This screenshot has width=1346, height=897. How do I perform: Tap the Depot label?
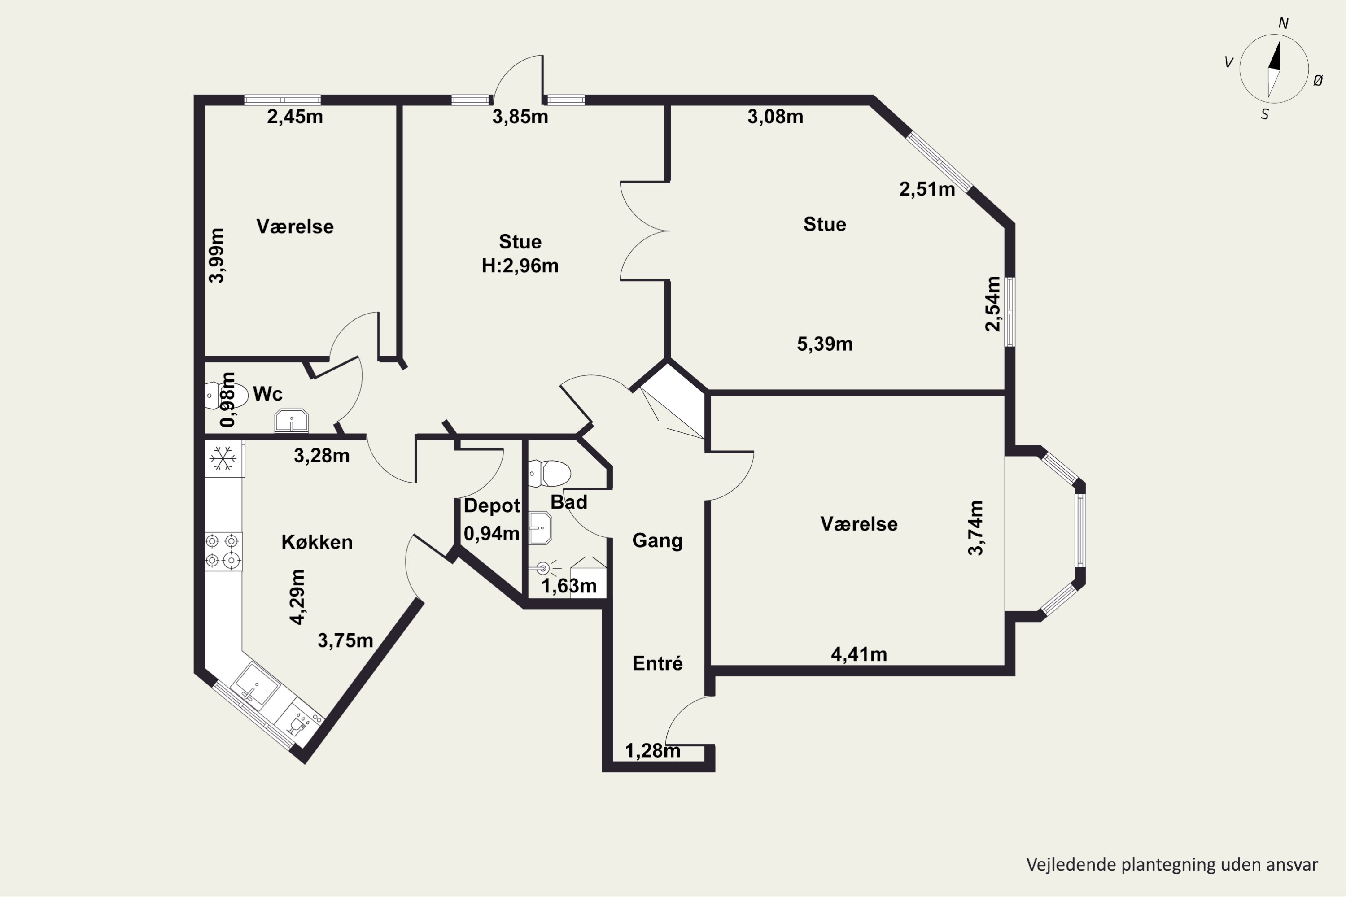[492, 506]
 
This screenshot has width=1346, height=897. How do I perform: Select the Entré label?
[658, 663]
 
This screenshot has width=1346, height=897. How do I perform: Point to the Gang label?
[658, 540]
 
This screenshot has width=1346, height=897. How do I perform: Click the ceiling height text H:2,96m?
[520, 266]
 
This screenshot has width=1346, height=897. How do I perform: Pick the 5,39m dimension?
[825, 344]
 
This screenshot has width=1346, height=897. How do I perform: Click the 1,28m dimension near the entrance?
[652, 750]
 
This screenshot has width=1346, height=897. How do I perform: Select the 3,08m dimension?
[775, 117]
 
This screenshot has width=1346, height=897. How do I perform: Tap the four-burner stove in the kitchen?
[223, 552]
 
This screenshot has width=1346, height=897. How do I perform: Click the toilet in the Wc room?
[226, 395]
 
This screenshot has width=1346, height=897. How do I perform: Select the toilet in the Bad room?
[549, 474]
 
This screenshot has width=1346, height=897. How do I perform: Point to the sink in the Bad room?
[540, 528]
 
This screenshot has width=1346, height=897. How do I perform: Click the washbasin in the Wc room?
[291, 421]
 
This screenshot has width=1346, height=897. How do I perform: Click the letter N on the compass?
[1283, 23]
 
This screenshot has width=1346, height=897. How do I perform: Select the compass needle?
[1273, 69]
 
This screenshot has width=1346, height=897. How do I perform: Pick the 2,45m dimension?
[295, 117]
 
